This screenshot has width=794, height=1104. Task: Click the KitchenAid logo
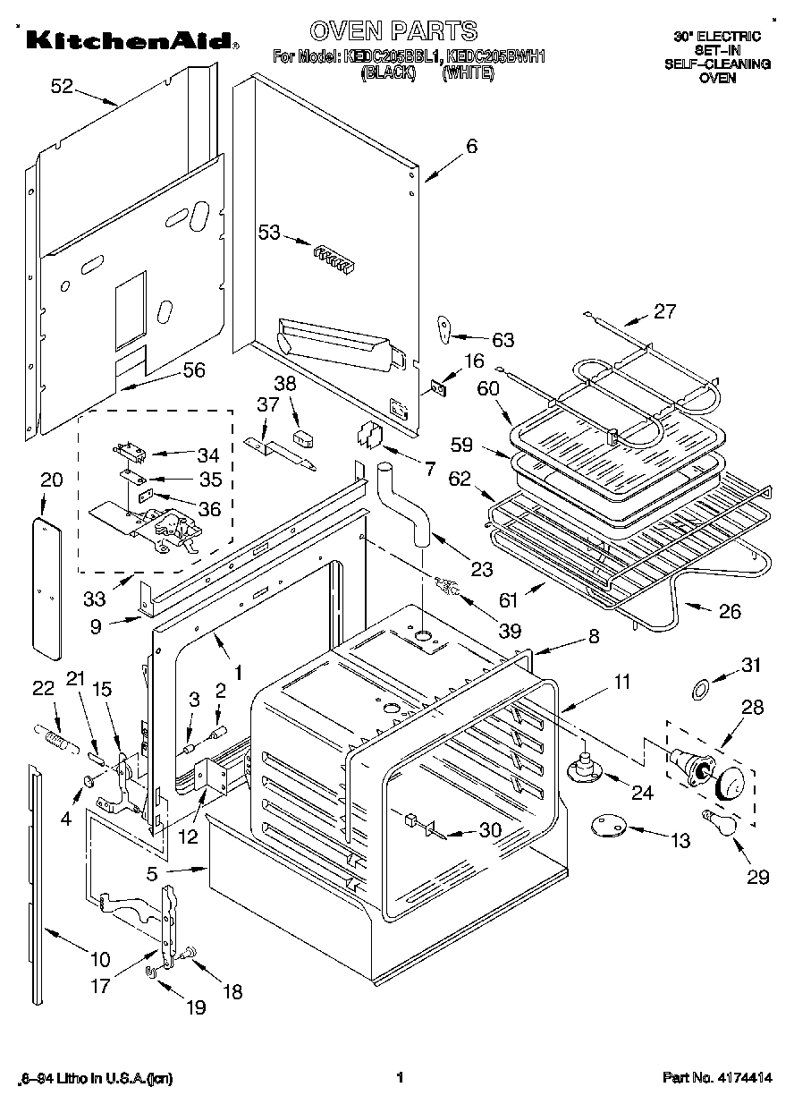point(130,40)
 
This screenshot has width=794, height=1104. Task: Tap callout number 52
point(62,87)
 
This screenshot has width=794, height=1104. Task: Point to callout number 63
point(503,339)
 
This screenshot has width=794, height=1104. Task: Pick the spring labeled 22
point(52,742)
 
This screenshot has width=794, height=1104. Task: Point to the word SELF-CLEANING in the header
point(716,64)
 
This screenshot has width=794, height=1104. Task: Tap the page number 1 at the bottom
point(400,1078)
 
